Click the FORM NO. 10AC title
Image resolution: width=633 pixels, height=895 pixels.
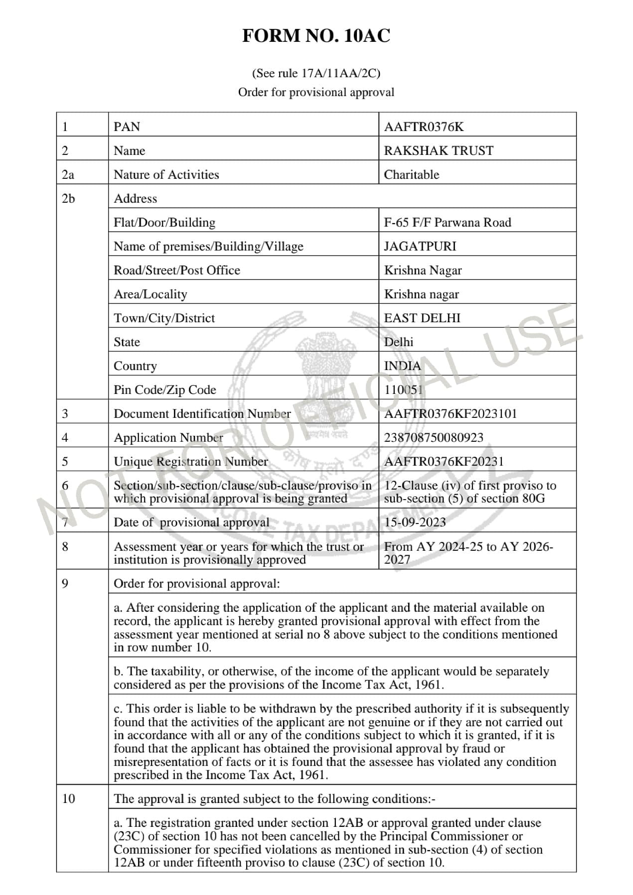click(x=316, y=36)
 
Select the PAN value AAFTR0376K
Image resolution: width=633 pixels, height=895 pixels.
click(x=424, y=127)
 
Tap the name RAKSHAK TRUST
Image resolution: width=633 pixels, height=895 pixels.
click(x=438, y=150)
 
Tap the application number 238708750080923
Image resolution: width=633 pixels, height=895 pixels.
click(x=433, y=437)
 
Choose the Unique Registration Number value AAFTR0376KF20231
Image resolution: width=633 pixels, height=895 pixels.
click(x=444, y=462)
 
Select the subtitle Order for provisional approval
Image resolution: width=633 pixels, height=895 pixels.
click(x=316, y=92)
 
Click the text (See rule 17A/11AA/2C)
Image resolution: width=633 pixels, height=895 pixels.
click(x=316, y=73)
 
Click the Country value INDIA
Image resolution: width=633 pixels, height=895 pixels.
click(x=402, y=366)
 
